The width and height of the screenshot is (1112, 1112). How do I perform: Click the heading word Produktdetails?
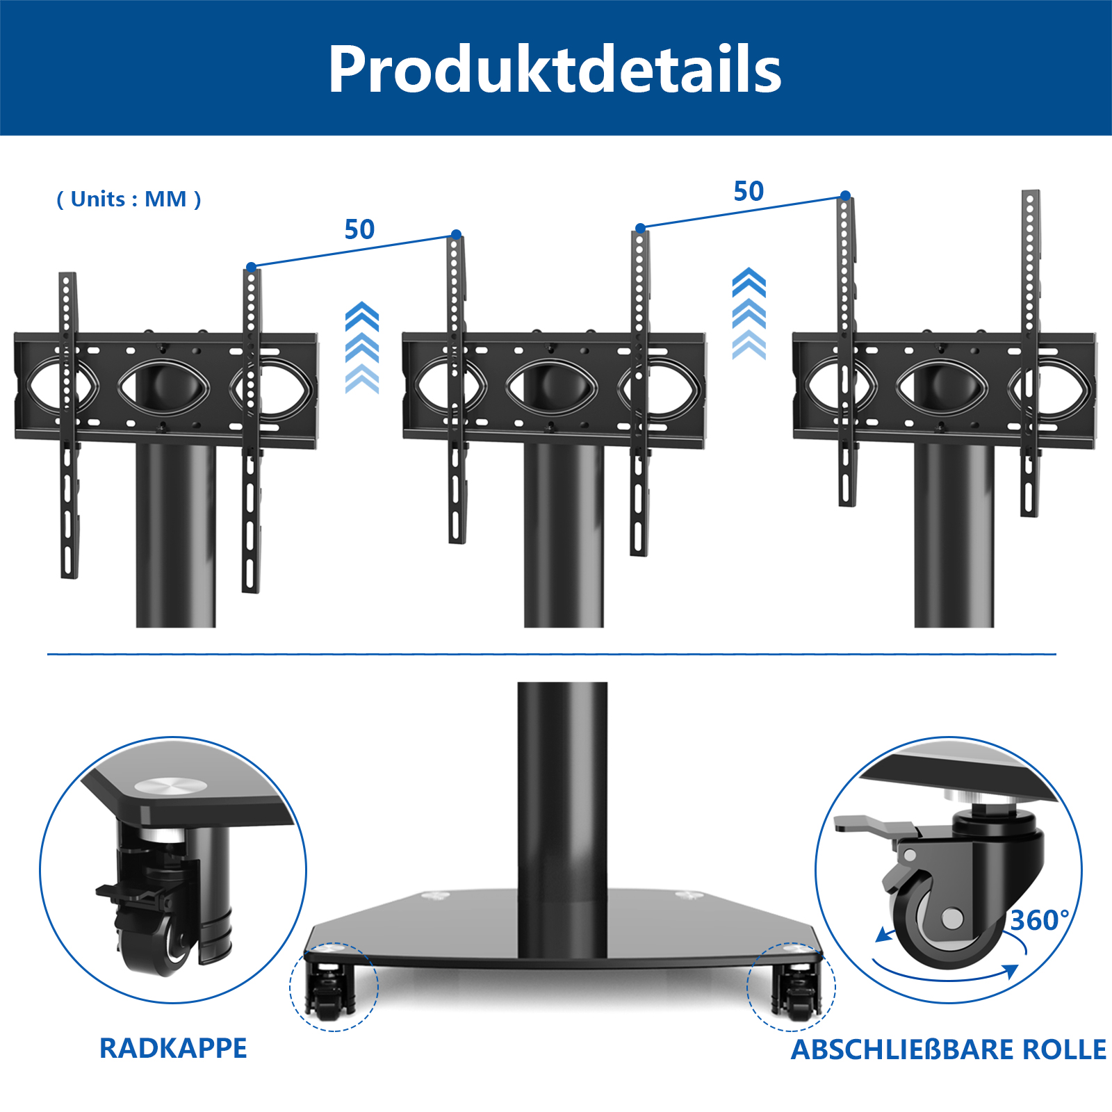(555, 69)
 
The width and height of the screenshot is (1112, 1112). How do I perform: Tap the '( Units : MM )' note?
(129, 199)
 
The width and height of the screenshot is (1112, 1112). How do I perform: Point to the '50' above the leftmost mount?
(359, 229)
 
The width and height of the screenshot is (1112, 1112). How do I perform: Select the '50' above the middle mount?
(749, 191)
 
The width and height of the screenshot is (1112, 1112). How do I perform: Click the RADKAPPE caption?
(173, 1048)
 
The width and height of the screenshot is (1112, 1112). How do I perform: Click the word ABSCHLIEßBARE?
(901, 1049)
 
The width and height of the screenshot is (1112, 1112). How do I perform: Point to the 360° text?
(1040, 920)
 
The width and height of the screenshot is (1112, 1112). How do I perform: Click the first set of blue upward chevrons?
(362, 347)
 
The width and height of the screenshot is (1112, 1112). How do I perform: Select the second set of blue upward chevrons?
(749, 313)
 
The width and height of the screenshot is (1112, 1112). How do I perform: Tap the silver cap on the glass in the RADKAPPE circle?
(170, 785)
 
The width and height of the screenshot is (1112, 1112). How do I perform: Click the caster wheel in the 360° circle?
(940, 919)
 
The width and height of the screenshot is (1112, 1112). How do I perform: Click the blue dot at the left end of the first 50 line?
(252, 267)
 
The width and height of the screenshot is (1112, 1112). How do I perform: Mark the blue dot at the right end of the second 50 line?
(845, 196)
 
